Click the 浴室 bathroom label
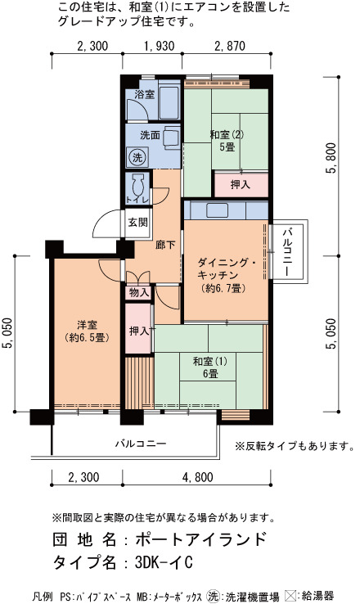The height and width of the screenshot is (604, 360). tap(144, 94)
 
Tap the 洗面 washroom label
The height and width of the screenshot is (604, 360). tap(150, 135)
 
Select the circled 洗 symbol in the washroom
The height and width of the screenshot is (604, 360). tap(137, 157)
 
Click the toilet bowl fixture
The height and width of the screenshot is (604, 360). tap(137, 184)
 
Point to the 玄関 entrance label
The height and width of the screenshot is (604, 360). tap(137, 223)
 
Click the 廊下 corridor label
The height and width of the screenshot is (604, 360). tap(165, 245)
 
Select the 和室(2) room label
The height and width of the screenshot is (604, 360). tap(227, 135)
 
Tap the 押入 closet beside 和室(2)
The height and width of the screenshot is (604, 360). tap(241, 185)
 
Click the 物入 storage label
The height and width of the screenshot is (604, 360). tap(139, 293)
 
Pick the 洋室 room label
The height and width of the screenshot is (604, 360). tap(87, 325)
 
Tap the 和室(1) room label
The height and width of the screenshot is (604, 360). tap(209, 362)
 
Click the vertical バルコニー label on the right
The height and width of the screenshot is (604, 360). tap(287, 252)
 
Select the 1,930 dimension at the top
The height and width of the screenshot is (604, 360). tap(159, 46)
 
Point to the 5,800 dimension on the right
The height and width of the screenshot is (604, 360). tap(331, 158)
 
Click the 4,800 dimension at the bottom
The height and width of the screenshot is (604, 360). tap(197, 478)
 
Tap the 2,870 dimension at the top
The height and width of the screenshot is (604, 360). tap(229, 46)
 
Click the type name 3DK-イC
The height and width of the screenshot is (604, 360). tap(164, 563)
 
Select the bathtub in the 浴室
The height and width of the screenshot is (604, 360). tap(169, 100)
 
